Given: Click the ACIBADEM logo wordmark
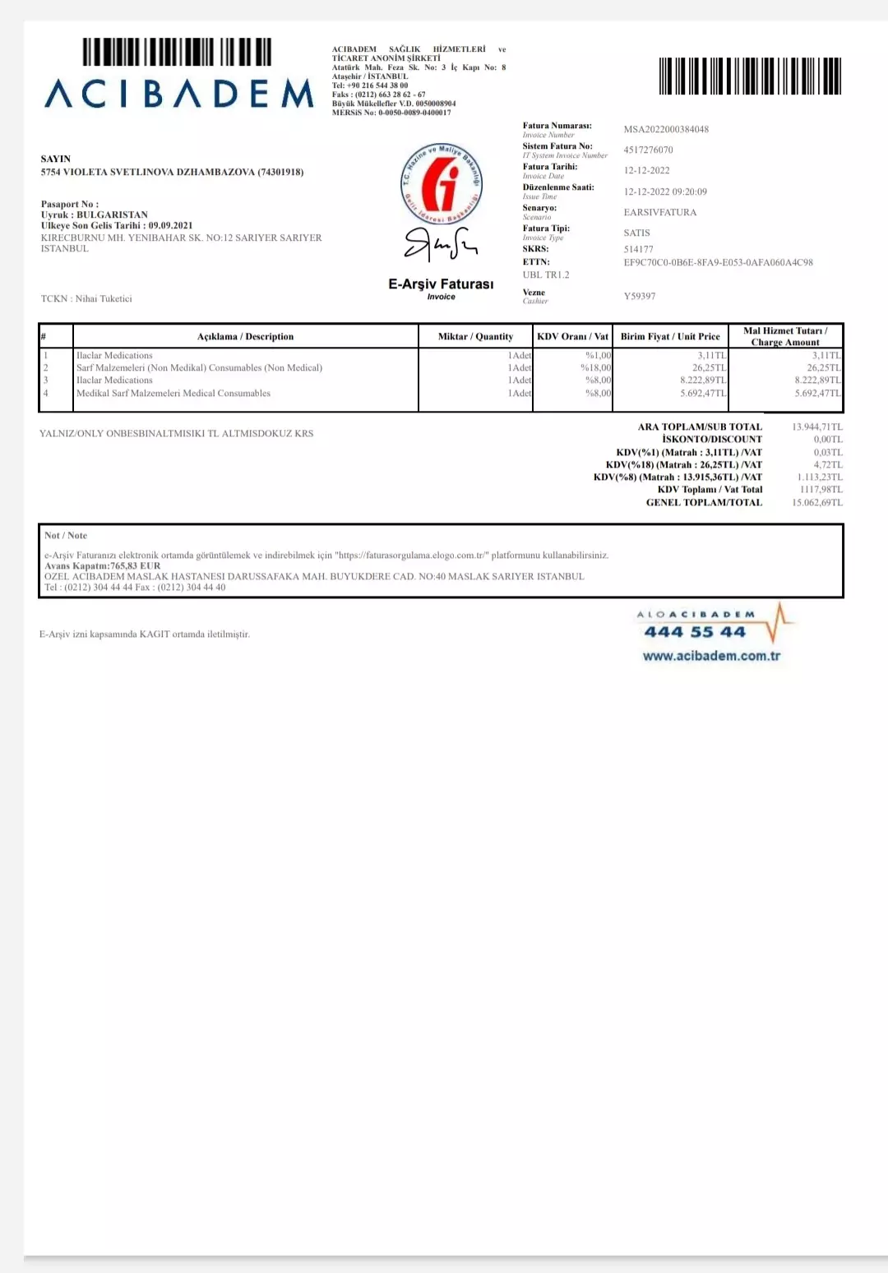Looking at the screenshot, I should click(x=179, y=94).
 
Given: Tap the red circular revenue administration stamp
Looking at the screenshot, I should click(x=441, y=183).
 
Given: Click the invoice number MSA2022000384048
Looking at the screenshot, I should click(x=666, y=129).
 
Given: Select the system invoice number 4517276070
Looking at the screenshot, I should click(x=648, y=150).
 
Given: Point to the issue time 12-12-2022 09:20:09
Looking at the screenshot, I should click(x=665, y=191).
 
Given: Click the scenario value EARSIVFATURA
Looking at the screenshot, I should click(x=659, y=212).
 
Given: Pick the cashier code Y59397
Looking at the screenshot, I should click(x=640, y=296).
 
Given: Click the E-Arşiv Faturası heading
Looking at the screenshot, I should click(x=441, y=284).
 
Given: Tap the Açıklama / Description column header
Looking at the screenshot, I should click(x=245, y=336).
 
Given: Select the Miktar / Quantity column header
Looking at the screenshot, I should click(x=475, y=336).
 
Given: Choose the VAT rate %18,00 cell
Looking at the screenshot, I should click(x=596, y=368).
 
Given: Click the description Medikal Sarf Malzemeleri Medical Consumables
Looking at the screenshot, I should click(x=173, y=394).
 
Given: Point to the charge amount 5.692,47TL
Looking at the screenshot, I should click(x=817, y=394).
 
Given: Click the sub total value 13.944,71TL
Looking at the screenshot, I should click(x=816, y=427).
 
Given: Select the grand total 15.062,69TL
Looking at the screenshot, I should click(x=816, y=503).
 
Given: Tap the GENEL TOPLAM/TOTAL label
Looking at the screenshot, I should click(x=704, y=503).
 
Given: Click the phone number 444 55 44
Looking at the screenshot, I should click(x=695, y=632).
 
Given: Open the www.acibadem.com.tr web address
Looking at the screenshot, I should click(x=711, y=656).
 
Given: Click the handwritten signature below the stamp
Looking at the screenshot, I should click(x=441, y=244).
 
